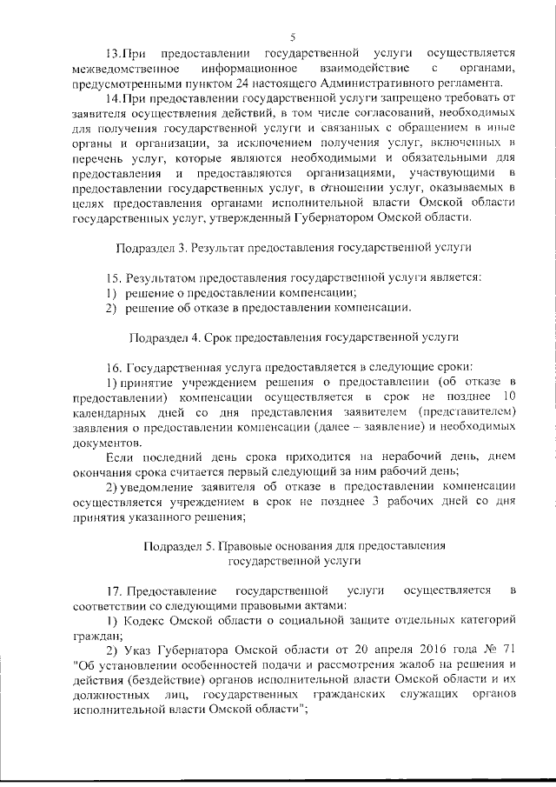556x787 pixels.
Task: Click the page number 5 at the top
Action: tap(293, 37)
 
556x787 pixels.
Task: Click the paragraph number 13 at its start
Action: tap(111, 54)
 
